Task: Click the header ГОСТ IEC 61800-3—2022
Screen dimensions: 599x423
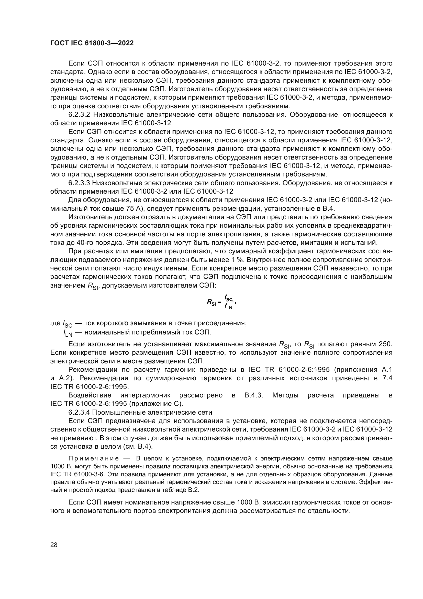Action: click(x=92, y=43)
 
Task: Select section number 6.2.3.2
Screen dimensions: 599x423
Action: click(x=79, y=114)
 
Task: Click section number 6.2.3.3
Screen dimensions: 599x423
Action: click(x=79, y=183)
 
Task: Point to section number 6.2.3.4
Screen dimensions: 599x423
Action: click(x=79, y=413)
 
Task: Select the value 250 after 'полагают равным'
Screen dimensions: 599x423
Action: click(x=385, y=344)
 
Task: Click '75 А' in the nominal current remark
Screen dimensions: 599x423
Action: click(x=135, y=209)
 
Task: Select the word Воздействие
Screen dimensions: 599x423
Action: click(x=90, y=395)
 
